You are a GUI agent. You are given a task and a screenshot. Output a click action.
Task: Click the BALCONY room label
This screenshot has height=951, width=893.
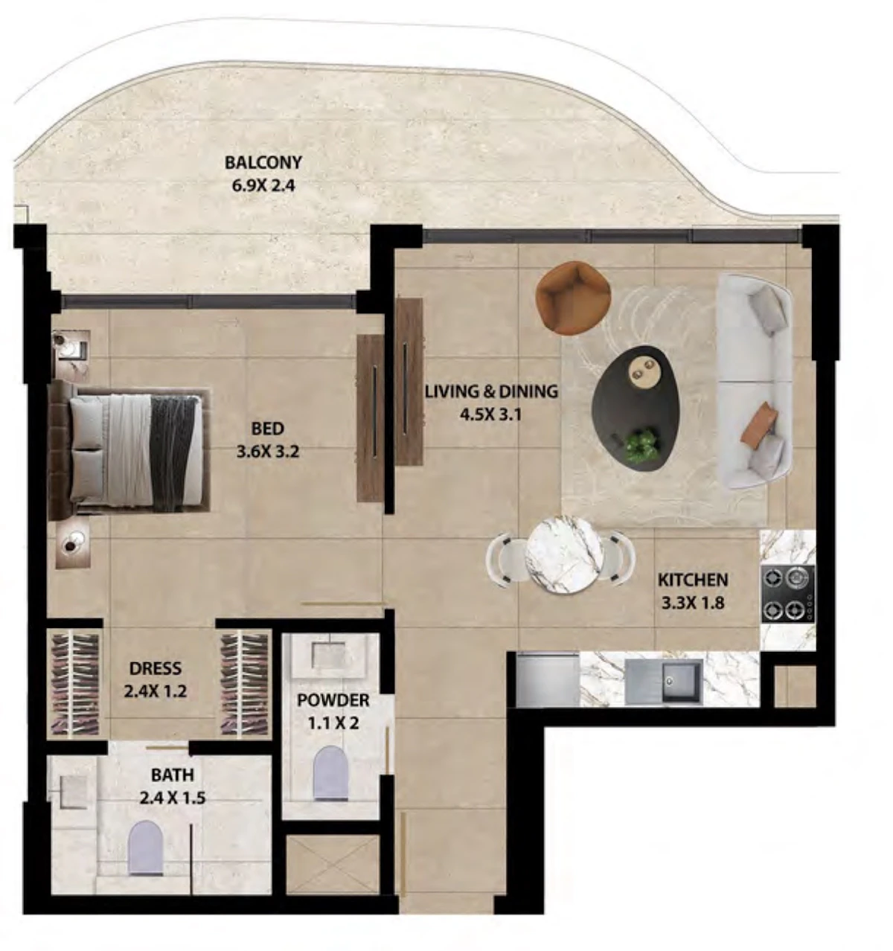pyautogui.click(x=263, y=162)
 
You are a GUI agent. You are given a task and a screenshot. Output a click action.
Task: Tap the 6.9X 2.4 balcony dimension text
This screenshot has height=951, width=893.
pyautogui.click(x=263, y=185)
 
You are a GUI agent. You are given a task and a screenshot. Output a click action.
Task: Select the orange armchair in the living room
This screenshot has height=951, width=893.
pyautogui.click(x=572, y=297)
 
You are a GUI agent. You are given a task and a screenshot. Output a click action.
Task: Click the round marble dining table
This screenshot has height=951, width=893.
pyautogui.click(x=564, y=555)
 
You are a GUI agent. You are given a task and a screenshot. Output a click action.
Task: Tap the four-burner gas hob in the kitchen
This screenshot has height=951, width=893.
pyautogui.click(x=787, y=594)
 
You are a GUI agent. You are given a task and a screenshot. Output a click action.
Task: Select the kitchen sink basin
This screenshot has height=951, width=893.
pyautogui.click(x=682, y=682)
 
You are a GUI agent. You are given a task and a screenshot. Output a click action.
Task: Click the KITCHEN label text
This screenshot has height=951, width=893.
pyautogui.click(x=693, y=580)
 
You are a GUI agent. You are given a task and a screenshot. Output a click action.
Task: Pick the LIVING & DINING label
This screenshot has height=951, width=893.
pyautogui.click(x=492, y=391)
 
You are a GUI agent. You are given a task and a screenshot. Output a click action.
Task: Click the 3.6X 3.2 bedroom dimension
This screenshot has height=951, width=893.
pyautogui.click(x=268, y=451)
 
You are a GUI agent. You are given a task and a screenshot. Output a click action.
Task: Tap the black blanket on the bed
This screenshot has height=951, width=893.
pyautogui.click(x=173, y=453)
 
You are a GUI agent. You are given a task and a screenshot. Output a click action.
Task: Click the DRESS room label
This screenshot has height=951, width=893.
pyautogui.click(x=156, y=668)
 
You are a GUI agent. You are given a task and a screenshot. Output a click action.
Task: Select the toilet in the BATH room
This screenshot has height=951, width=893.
pyautogui.click(x=146, y=848)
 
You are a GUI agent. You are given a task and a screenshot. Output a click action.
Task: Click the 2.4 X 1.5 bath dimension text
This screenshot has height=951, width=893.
pyautogui.click(x=172, y=798)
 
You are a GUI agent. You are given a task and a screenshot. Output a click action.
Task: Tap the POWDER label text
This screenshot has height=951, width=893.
pyautogui.click(x=333, y=700)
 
